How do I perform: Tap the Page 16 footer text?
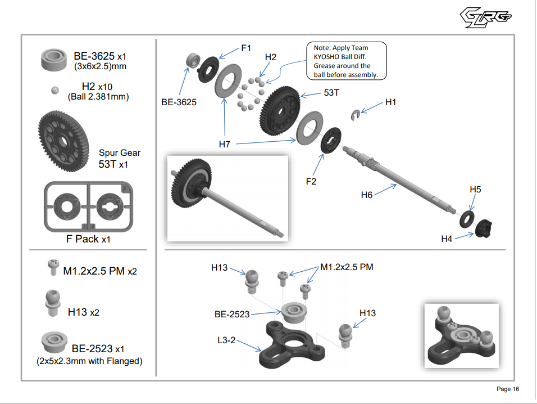(x=508, y=389)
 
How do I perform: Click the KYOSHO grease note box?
(x=346, y=61)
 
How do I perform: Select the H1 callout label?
(x=391, y=102)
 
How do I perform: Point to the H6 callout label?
(x=367, y=195)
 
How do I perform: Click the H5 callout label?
(x=475, y=190)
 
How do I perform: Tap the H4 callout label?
(x=447, y=239)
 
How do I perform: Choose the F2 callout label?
(x=311, y=181)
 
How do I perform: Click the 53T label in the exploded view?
(x=331, y=92)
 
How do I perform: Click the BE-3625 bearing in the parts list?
(x=55, y=60)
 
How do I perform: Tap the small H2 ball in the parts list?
(x=55, y=90)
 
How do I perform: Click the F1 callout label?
(x=246, y=48)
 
